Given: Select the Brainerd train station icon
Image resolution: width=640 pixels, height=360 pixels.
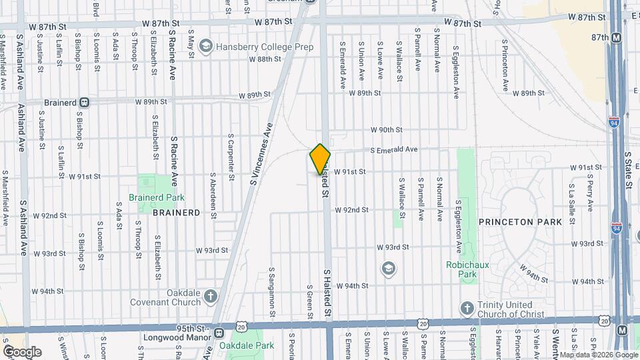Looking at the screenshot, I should [84, 103].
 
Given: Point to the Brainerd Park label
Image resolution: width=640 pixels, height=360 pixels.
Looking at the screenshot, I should [156, 197].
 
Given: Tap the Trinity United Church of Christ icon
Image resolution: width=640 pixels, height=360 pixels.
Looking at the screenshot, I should [467, 307].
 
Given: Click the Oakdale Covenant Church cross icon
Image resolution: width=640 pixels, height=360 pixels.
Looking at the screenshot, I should [211, 297].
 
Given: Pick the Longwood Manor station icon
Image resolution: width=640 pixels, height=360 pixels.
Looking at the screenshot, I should [219, 333].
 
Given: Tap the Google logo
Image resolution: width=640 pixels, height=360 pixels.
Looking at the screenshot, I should [22, 351].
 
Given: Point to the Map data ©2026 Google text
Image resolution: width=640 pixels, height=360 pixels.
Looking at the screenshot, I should [597, 355].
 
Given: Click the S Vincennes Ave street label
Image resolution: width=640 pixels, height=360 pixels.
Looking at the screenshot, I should [261, 154].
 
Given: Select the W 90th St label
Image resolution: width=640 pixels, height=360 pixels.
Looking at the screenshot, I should [387, 129].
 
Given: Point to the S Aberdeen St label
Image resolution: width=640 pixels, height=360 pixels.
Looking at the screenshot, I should [213, 195].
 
